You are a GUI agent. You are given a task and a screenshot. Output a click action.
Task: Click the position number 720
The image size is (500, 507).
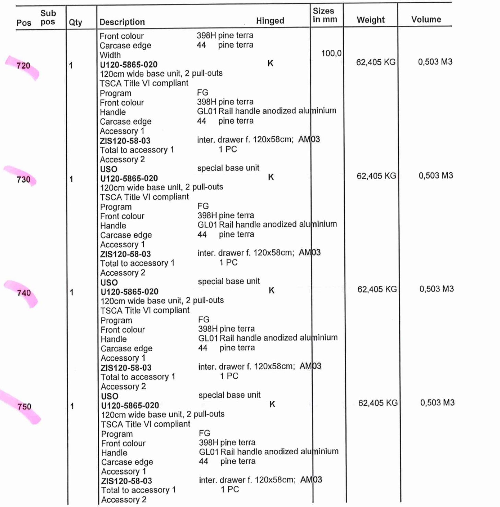coord(23,65)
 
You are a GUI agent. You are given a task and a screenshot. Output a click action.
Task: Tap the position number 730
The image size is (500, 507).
coord(23,179)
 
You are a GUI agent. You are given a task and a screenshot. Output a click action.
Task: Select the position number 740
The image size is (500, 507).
coord(24,293)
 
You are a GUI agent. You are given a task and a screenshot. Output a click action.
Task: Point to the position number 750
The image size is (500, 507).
coord(24,407)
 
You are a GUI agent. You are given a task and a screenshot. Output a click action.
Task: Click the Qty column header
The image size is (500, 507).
coord(75,23)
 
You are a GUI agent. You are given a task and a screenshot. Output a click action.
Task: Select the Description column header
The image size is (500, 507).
coord(122,22)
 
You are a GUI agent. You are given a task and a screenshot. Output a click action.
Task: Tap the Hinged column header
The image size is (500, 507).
coord(270,21)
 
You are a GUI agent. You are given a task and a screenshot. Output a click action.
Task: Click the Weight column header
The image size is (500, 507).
coord(370,20)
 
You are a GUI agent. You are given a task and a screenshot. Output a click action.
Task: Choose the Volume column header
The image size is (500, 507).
coord(426,20)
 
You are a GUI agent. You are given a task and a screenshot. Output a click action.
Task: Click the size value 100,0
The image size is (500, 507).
coord(331,53)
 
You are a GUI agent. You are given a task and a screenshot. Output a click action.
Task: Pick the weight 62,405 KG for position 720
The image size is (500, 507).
coord(376,62)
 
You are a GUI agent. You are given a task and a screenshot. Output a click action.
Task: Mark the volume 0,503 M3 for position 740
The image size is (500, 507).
coord(436,289)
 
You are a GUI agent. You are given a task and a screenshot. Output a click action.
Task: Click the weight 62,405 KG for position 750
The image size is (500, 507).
coord(378,403)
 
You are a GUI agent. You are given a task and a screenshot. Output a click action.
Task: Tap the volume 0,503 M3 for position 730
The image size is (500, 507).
coord(436,175)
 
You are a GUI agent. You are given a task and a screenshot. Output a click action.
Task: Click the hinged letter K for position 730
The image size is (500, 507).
coord(271,177)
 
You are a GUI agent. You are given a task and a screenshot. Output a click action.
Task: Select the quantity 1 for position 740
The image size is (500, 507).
coord(72,293)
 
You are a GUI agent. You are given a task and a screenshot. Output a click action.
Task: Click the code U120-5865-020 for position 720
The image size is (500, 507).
coord(129,64)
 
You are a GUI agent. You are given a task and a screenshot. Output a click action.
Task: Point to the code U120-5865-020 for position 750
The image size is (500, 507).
coord(130,406)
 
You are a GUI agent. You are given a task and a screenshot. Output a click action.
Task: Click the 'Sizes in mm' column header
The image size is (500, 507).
coord(324,15)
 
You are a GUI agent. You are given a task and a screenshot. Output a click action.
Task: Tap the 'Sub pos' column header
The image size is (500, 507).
coord(48,17)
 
